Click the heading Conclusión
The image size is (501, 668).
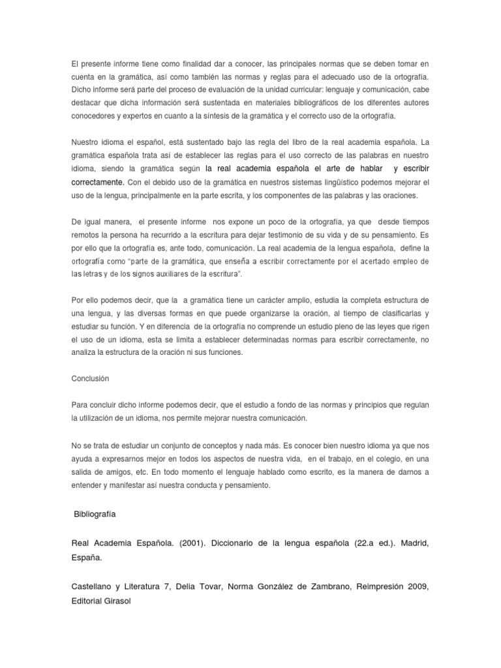90,378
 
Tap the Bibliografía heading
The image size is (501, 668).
96,514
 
